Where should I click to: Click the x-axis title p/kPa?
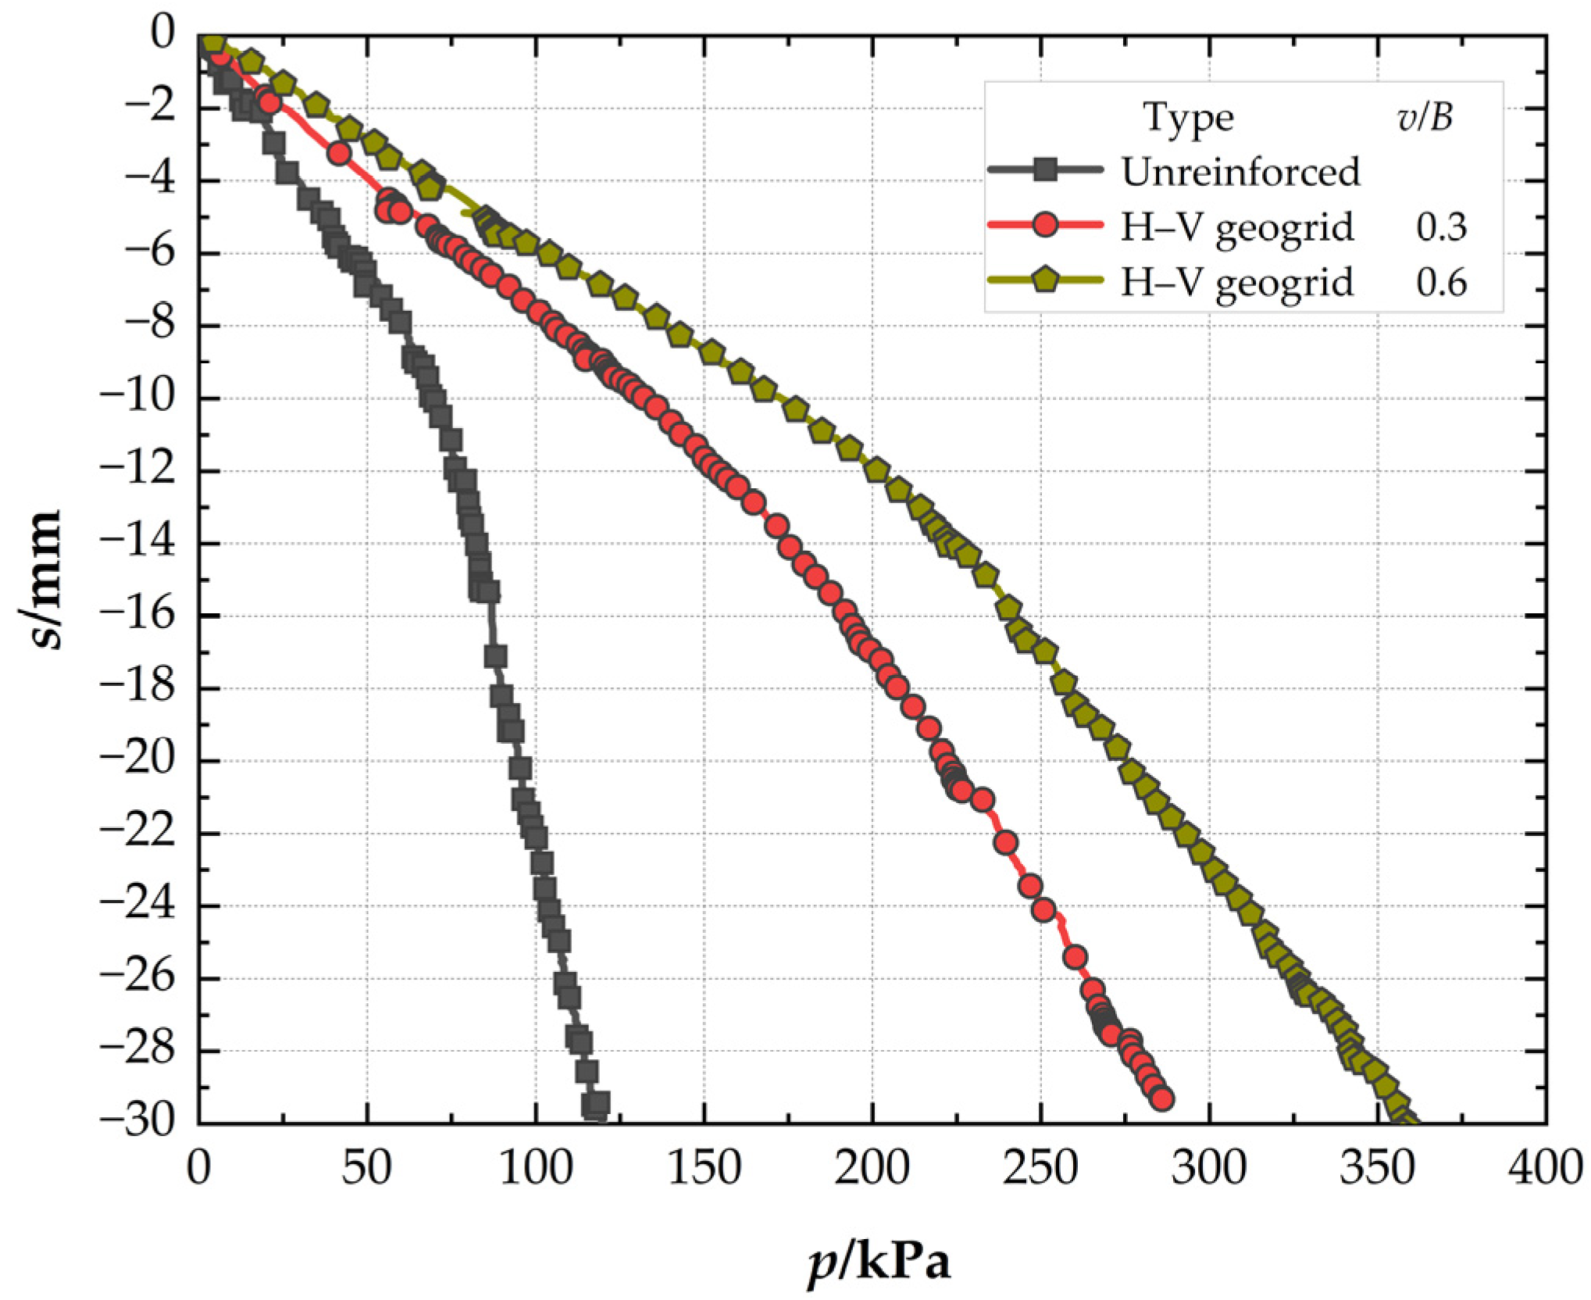pyautogui.click(x=879, y=1262)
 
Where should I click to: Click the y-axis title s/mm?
pyautogui.click(x=42, y=579)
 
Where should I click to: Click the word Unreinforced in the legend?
pyautogui.click(x=1241, y=171)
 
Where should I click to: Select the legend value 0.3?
pyautogui.click(x=1441, y=227)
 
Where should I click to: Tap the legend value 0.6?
pyautogui.click(x=1441, y=282)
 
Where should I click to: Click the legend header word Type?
pyautogui.click(x=1189, y=119)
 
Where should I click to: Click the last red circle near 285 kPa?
pyautogui.click(x=1162, y=1099)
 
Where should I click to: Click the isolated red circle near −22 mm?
pyautogui.click(x=1006, y=842)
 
